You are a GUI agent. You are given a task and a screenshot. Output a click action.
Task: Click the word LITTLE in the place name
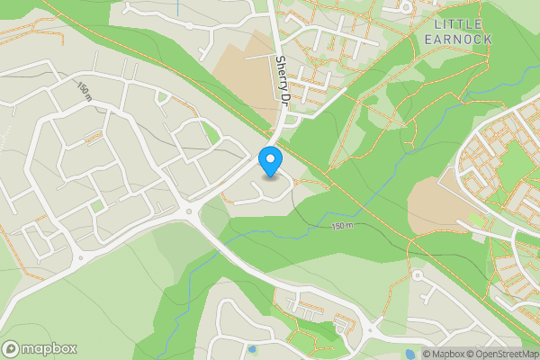(457, 23)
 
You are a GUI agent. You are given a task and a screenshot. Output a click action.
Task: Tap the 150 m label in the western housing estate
(84, 90)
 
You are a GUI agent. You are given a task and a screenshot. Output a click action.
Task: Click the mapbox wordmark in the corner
(49, 349)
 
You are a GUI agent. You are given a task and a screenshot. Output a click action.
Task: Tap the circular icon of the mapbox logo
(12, 349)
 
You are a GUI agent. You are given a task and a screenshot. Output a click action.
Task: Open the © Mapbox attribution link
(446, 354)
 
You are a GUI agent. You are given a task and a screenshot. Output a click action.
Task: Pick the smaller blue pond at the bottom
(251, 348)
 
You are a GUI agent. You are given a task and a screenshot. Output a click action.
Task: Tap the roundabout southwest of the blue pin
(190, 213)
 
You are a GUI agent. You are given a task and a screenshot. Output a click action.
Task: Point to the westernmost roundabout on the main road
(80, 258)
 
